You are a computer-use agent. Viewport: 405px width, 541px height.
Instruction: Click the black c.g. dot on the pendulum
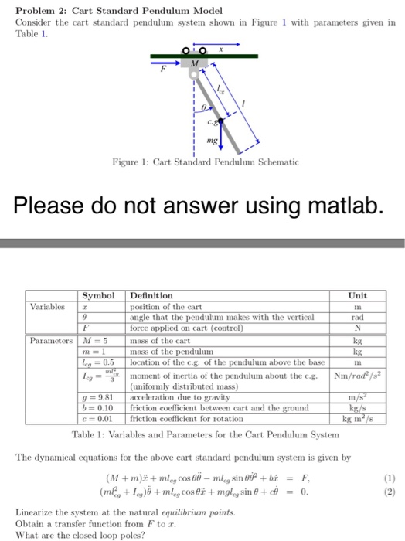pos(220,121)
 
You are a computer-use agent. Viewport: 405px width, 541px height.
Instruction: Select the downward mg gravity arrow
pos(220,138)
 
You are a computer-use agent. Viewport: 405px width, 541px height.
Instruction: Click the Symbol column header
pos(98,295)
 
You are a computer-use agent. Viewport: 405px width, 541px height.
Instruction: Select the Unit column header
pos(357,295)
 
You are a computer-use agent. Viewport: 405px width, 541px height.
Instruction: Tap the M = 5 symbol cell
pos(96,339)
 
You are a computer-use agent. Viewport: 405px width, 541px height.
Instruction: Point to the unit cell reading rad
pos(358,317)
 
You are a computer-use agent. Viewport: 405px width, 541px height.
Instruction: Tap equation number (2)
pos(392,491)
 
